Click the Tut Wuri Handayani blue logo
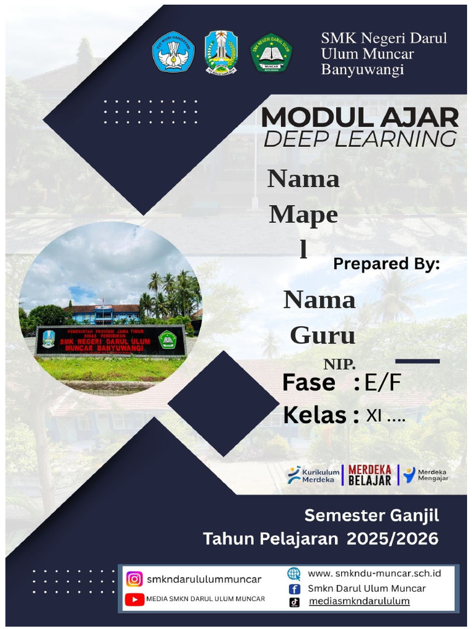pos(173,52)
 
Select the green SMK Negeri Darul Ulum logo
pos(271,53)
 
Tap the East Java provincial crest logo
pos(221,52)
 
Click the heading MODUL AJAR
pos(360,117)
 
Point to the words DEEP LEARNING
pos(360,139)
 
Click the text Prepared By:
pos(387,264)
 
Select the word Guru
pos(322,335)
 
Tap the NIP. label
pos(340,364)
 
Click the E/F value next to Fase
pos(382,383)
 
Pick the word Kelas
pos(315,415)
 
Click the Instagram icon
pos(134,579)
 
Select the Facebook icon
pos(294,588)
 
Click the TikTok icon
pos(294,602)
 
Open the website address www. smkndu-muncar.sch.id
pos(374,574)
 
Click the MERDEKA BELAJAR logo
pos(369,475)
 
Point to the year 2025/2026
pos(393,539)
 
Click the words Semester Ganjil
pos(372,515)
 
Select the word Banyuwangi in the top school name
pos(363,69)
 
